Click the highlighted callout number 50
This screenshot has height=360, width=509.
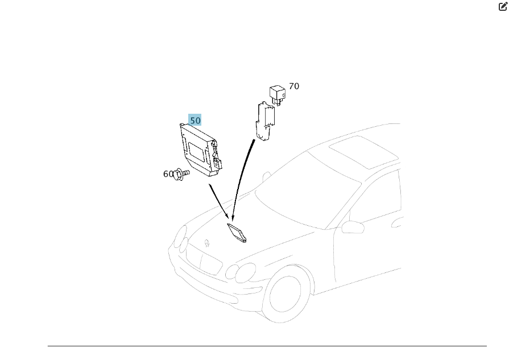(x=195, y=120)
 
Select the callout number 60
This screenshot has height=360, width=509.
(x=168, y=174)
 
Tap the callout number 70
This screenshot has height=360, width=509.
(x=294, y=86)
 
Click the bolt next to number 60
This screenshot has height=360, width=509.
(x=181, y=175)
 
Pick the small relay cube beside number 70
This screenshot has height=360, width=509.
(x=278, y=94)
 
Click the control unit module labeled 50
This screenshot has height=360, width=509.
(x=201, y=150)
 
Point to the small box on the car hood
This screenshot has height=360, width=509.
(x=237, y=233)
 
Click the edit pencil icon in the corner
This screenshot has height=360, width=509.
(x=503, y=6)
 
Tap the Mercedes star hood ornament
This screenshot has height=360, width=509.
(x=207, y=243)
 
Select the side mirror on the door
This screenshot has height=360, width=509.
(x=353, y=227)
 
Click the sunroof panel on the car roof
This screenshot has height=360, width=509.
(x=363, y=152)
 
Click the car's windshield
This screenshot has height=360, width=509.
(x=308, y=192)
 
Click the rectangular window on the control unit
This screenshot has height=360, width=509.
(x=197, y=152)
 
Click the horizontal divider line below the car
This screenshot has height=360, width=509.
(x=267, y=346)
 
